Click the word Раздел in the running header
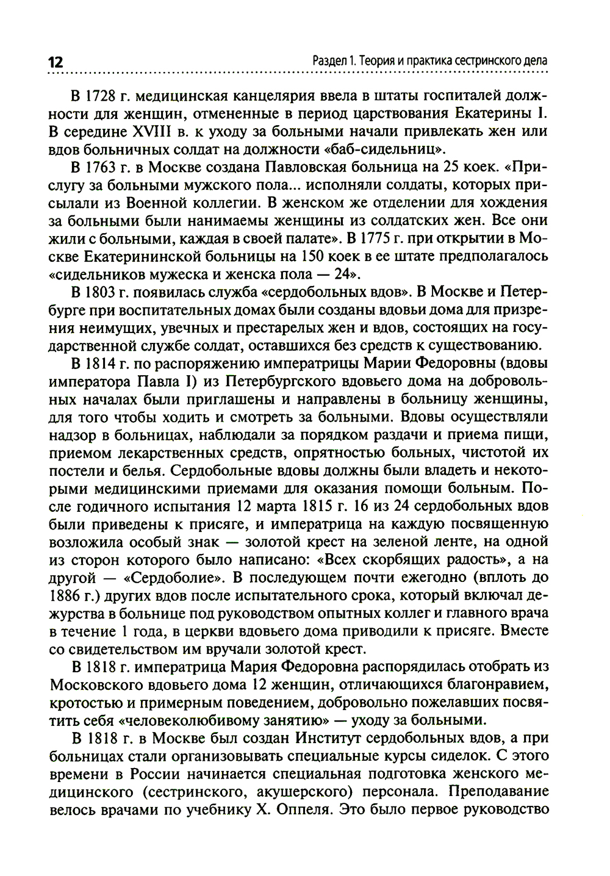point(330,61)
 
